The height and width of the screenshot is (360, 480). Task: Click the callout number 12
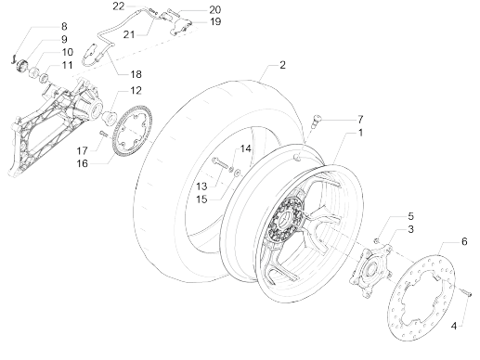pos(136,91)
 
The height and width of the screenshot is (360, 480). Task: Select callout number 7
pos(359,120)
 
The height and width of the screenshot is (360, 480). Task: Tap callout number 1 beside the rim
pos(359,134)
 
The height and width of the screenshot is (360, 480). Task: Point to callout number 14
pos(246,148)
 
